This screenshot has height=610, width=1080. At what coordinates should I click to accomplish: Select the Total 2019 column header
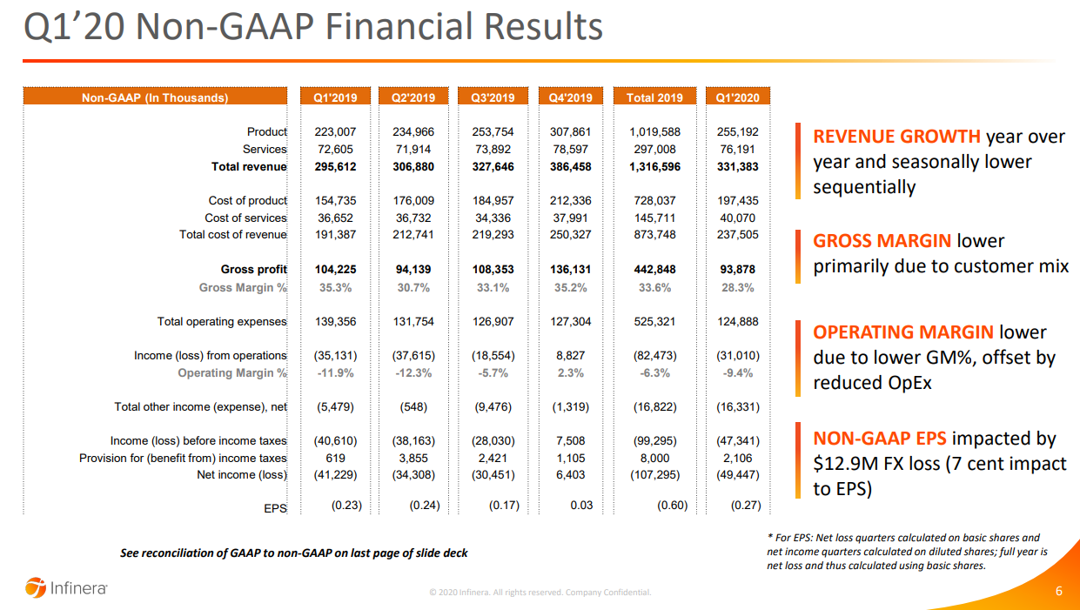(x=654, y=97)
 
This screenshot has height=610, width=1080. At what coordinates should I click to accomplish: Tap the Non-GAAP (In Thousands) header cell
(x=155, y=97)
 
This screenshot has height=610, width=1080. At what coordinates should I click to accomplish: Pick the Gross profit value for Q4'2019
(x=571, y=270)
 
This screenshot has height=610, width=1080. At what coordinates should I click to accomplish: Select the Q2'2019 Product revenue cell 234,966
(x=413, y=132)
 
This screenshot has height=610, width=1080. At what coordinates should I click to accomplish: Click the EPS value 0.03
(x=581, y=506)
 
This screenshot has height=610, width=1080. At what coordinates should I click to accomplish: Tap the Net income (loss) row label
(x=242, y=475)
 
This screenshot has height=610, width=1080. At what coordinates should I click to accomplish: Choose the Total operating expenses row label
(x=222, y=322)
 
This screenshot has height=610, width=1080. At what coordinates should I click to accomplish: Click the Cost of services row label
(x=245, y=218)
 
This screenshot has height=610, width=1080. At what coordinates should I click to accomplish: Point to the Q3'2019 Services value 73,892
(x=493, y=150)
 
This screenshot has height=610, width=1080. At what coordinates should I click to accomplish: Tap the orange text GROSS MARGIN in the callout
(x=882, y=241)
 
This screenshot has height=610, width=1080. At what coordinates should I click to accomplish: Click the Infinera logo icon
(x=35, y=587)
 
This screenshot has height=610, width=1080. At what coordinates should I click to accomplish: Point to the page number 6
(x=1058, y=592)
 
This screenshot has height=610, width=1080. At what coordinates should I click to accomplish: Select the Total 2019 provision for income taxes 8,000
(x=654, y=458)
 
